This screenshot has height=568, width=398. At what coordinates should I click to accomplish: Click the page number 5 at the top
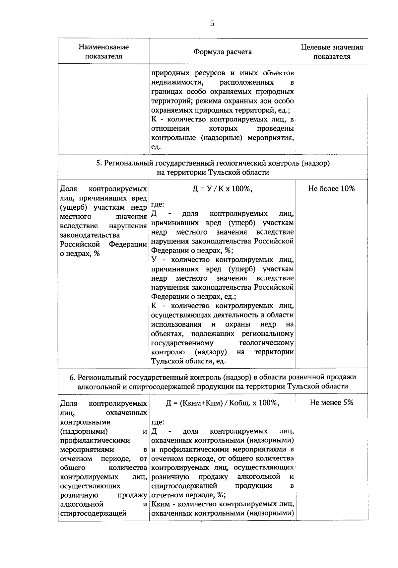point(212,23)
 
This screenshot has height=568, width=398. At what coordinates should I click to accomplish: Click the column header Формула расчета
point(223,52)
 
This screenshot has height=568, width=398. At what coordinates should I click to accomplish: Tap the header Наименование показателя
point(103,51)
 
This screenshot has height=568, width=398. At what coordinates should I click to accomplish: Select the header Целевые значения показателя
point(332,51)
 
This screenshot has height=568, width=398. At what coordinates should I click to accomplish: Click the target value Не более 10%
point(331,188)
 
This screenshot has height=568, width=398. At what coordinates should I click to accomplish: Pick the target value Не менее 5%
point(331,402)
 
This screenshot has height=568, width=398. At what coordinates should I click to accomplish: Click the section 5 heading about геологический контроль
point(213,168)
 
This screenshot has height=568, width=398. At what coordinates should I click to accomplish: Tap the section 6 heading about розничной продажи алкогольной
point(213,382)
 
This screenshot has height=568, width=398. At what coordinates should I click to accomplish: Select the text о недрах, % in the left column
point(80,253)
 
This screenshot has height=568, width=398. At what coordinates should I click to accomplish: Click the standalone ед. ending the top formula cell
point(156,147)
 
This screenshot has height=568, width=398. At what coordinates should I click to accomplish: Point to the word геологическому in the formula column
point(266,342)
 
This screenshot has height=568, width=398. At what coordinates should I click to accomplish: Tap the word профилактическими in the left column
point(95,440)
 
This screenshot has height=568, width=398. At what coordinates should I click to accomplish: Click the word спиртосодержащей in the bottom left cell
point(93,513)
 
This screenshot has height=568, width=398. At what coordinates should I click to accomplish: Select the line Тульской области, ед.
point(188,361)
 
